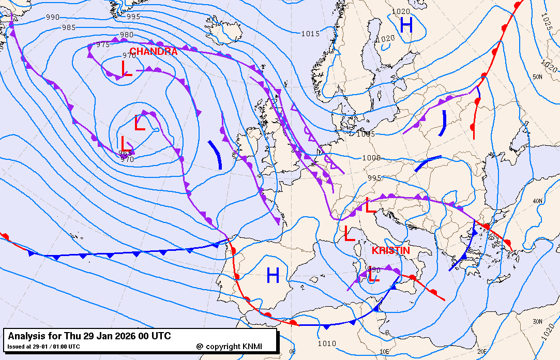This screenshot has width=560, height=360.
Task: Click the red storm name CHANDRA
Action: tap(153, 52)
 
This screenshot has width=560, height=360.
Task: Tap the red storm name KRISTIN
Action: tap(391, 250)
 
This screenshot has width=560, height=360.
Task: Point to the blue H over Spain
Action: tap(273, 276)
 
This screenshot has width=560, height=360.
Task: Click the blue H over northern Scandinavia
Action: tap(406, 25)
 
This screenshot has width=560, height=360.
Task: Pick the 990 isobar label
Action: tap(53, 17)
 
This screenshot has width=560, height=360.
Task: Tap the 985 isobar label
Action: tap(68, 27)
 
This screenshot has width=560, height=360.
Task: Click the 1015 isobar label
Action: tap(310, 34)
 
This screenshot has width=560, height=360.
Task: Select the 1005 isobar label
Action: tap(366, 134)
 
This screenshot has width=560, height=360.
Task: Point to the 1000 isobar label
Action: tap(371, 158)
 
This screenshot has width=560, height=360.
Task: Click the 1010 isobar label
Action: tap(327, 343)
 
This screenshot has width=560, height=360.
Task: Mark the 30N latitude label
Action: tap(538, 307)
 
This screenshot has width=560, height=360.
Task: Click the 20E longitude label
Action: tap(482, 351)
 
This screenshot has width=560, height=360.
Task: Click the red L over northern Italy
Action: tap(371, 205)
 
